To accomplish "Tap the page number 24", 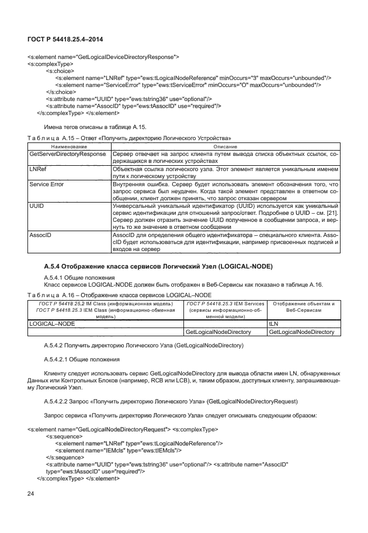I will [x=32, y=494].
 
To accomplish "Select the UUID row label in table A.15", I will [x=37, y=206].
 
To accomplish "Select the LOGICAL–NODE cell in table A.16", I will [x=52, y=323].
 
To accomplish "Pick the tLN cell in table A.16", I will [x=273, y=323].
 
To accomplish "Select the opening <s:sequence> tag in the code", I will [x=65, y=436].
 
